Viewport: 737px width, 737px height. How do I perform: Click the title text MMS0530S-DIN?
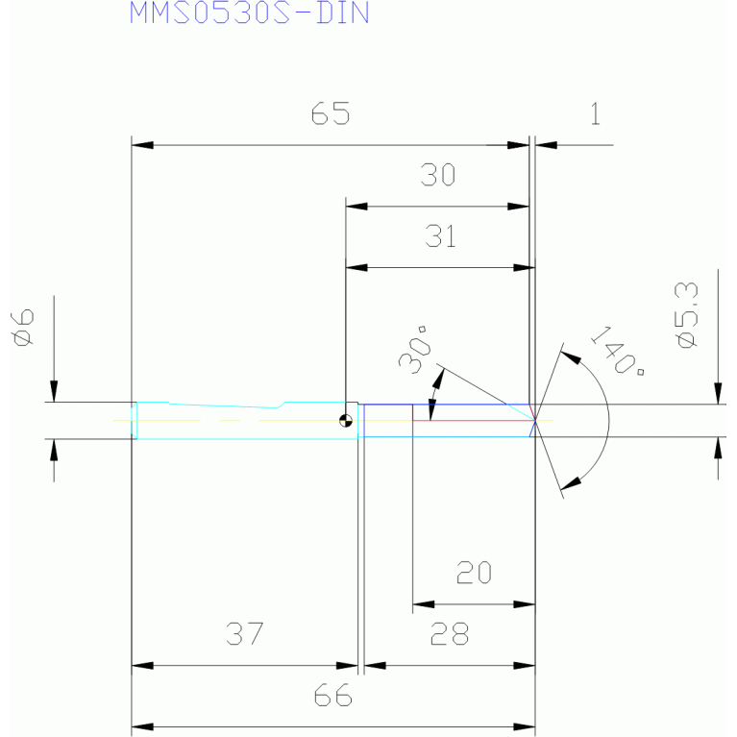[x=249, y=12]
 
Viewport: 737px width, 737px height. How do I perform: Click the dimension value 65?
[x=331, y=113]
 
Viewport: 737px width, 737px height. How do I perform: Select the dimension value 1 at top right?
[x=595, y=113]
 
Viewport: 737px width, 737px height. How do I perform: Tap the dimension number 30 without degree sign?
[x=437, y=174]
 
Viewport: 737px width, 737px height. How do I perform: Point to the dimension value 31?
[x=440, y=236]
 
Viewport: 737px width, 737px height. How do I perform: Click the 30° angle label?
[x=415, y=349]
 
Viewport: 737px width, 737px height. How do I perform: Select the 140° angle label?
[x=616, y=350]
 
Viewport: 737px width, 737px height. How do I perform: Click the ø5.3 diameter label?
[x=686, y=315]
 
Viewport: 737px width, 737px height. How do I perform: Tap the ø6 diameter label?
[x=23, y=327]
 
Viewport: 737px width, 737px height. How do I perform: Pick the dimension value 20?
[x=474, y=573]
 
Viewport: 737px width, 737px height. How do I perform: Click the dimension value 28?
[x=450, y=633]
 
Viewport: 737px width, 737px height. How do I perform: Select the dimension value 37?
[x=244, y=633]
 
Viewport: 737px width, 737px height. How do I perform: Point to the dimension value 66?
[x=332, y=695]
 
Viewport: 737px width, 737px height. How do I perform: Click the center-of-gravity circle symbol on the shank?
[x=346, y=421]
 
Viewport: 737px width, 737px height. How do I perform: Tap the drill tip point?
[x=535, y=421]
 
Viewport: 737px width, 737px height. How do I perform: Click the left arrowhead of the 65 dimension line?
[x=142, y=145]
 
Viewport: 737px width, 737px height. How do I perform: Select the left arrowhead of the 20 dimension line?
[x=423, y=604]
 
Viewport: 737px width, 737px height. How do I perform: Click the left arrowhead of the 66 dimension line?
[x=142, y=726]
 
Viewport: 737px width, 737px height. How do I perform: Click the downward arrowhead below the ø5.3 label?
[x=718, y=393]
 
